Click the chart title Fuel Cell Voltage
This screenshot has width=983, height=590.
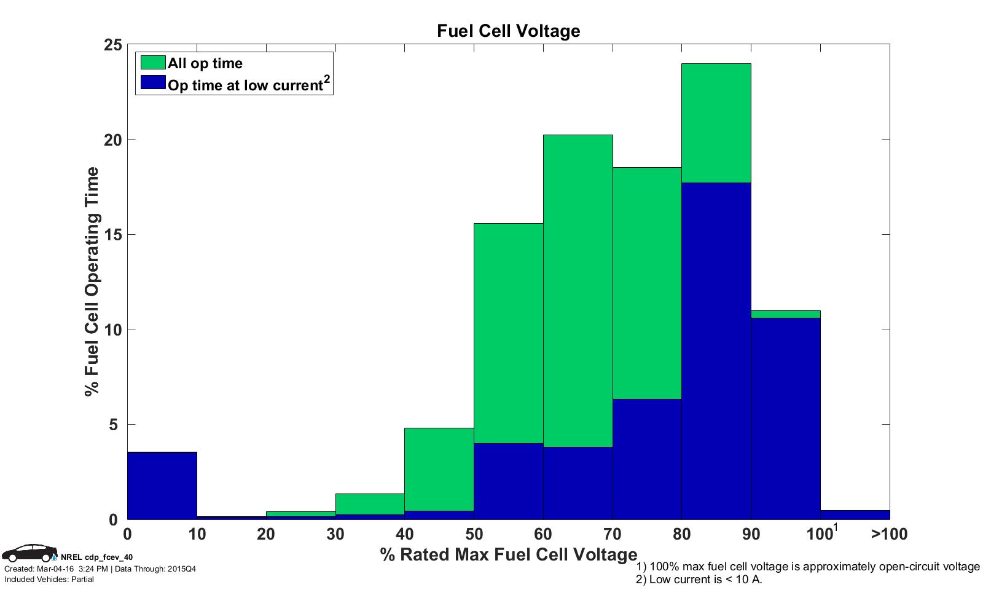[508, 31]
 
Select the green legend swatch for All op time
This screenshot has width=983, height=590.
[153, 63]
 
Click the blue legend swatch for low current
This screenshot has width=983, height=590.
[153, 82]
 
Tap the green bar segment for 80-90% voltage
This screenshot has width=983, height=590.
[716, 123]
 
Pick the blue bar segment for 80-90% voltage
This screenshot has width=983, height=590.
[716, 350]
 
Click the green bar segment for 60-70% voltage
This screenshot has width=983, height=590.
[578, 289]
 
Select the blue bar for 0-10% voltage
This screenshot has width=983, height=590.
[162, 486]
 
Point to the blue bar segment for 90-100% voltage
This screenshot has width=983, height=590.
[785, 418]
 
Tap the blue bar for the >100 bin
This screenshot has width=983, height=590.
[855, 515]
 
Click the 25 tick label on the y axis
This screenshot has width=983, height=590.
[114, 45]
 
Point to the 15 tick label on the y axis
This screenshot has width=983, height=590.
[114, 235]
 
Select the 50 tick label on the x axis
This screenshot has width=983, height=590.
[474, 534]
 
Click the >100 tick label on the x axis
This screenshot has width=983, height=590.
[889, 534]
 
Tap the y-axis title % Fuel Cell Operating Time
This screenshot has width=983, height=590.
[92, 281]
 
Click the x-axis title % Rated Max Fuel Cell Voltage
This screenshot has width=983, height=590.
[508, 554]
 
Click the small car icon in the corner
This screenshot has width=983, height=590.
[29, 553]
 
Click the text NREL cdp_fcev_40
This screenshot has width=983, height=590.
[96, 557]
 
